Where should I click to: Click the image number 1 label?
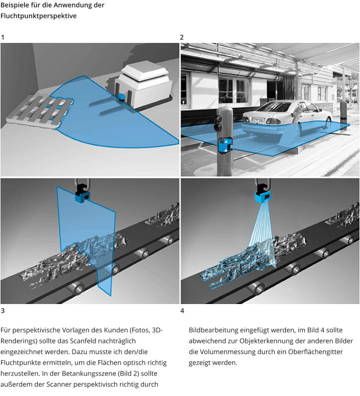(3, 37)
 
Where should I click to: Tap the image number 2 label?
(182, 37)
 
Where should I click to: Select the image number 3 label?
(3, 311)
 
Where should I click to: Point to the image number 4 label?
(183, 311)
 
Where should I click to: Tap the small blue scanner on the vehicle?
(122, 96)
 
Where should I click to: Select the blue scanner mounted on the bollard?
(224, 145)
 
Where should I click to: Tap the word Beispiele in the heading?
(16, 5)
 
